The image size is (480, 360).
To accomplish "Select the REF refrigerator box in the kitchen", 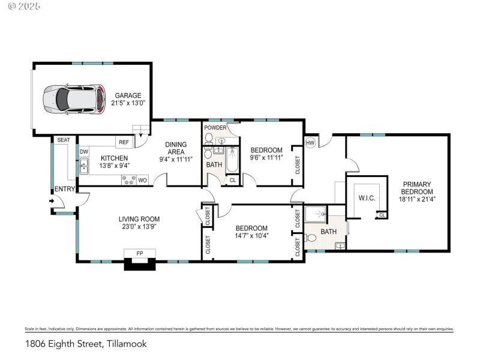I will pos(124,142).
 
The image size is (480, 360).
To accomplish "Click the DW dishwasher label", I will pos(84,152).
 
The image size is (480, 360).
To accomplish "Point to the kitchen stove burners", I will pos(128,179).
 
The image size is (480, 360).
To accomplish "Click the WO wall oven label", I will pos(142,179).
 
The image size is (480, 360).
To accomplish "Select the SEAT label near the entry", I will pos(64,140).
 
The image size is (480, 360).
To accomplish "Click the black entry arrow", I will pos(52,201).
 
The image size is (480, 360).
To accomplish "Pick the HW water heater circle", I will pos(311,143).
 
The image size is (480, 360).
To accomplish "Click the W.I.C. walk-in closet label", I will pos(367,197).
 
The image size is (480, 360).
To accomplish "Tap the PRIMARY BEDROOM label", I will pos(417,188).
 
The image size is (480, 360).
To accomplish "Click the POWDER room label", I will pos(215,128).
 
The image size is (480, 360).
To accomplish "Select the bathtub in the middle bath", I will pos(232,160).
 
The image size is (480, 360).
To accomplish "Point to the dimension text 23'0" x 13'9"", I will pos(139,227).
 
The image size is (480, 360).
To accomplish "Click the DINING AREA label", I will pos(176,148).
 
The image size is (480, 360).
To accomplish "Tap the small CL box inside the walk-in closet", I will pos(382,215).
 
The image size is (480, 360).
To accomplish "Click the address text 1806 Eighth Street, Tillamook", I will pos(86,344).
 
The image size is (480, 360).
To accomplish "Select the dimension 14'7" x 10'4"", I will pos(251,235).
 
